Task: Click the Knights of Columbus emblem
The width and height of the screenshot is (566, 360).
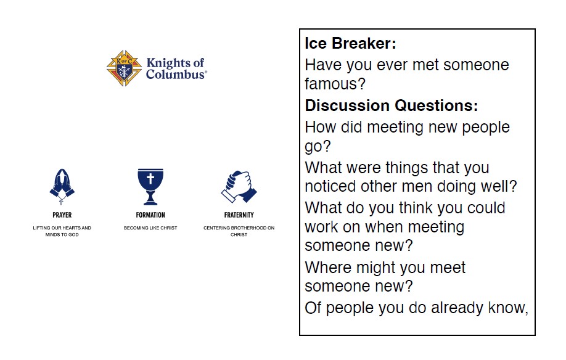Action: click(124, 68)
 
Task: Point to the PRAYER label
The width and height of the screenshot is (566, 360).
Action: click(62, 215)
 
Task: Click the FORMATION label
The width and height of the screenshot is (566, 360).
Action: click(150, 215)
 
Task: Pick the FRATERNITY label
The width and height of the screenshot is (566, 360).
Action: click(239, 215)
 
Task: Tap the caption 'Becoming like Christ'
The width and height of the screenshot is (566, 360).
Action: click(150, 228)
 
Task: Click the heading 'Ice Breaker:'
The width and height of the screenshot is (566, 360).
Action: click(350, 43)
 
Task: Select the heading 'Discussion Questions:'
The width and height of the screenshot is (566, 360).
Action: click(392, 105)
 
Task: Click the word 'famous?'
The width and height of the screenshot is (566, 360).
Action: click(335, 84)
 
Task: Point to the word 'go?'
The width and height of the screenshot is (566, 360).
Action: click(318, 147)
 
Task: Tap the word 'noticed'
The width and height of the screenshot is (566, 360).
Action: click(330, 187)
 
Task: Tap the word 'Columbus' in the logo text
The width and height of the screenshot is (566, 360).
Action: click(175, 75)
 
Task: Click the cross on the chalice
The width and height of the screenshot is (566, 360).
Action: click(150, 178)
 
